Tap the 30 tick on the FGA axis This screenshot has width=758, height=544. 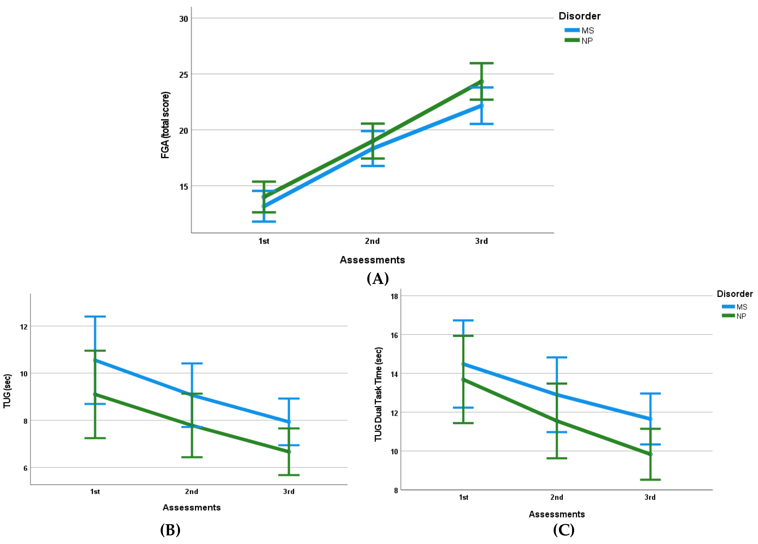point(183,19)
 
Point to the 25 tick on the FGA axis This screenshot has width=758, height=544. point(183,75)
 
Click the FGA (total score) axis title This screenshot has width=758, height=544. point(165,125)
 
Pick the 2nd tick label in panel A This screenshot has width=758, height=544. point(372,241)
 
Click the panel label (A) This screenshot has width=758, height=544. point(378,278)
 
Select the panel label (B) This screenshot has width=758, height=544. point(170,530)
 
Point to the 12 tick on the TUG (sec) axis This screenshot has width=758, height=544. point(24,327)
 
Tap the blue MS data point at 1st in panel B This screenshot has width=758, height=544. point(95,360)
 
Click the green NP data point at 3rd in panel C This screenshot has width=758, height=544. point(650,454)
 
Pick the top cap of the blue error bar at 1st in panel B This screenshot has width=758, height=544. point(95,316)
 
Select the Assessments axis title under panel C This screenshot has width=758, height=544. point(556,514)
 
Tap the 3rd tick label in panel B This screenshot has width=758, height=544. point(289,491)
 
